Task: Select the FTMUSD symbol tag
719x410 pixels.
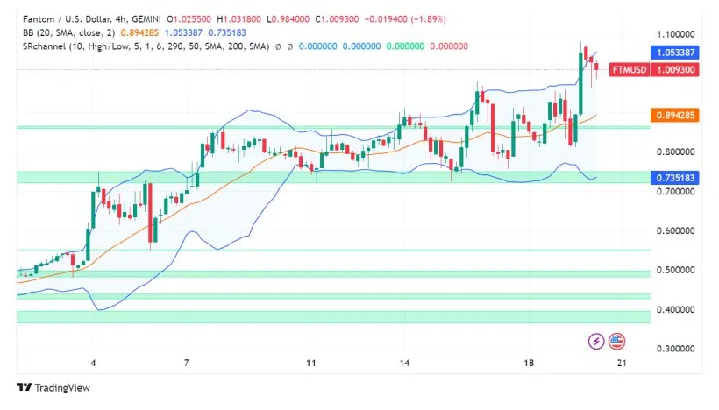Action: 628,69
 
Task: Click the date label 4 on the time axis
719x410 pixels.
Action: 93,362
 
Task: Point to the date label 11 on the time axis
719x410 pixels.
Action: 310,362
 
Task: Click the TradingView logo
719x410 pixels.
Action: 53,387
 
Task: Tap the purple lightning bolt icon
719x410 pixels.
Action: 596,340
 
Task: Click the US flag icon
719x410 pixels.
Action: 616,340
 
